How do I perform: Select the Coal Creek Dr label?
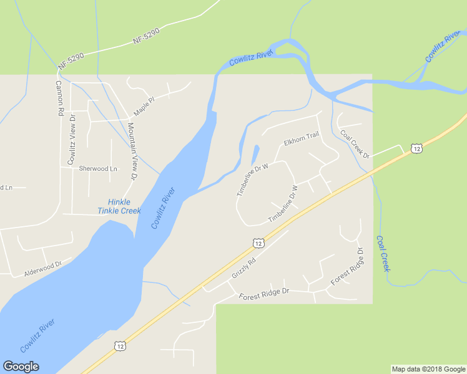click(x=355, y=144)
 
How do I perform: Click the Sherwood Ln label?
click(x=98, y=169)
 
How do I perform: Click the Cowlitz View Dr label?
click(x=72, y=140)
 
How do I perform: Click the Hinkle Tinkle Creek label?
click(x=119, y=206)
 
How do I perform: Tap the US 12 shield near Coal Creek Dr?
click(x=417, y=148)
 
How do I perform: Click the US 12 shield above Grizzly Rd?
click(x=258, y=242)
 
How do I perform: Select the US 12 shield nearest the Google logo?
click(x=120, y=345)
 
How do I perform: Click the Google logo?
click(x=21, y=367)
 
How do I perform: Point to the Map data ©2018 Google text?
click(x=428, y=369)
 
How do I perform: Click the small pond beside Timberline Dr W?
click(x=255, y=155)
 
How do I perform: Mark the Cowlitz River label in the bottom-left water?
click(x=37, y=335)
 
